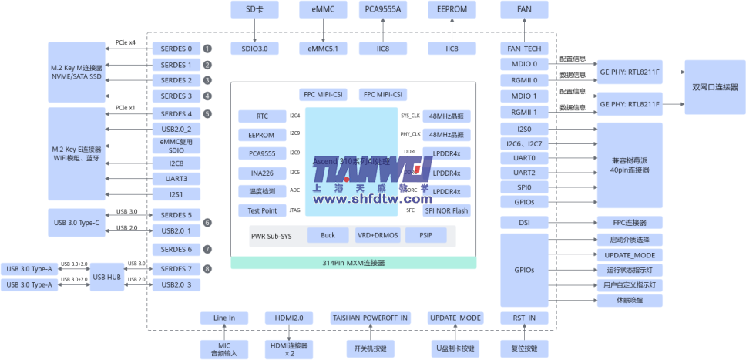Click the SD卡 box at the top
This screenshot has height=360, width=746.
[255, 9]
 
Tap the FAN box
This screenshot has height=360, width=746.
[524, 9]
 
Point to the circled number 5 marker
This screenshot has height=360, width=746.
[207, 114]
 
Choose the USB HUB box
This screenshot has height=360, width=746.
[106, 277]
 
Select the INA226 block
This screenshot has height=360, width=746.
[262, 173]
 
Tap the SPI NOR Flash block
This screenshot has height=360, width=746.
[446, 210]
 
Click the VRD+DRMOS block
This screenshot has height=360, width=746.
[377, 235]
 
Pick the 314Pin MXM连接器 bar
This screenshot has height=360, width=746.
[354, 263]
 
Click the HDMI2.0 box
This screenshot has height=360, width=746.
[288, 318]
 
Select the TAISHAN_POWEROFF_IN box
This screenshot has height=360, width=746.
[370, 318]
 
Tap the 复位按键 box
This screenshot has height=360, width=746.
[524, 348]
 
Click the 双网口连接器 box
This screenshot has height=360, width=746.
[715, 86]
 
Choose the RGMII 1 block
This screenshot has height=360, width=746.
[524, 112]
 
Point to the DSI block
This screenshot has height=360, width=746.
[524, 223]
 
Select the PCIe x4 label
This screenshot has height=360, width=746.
[126, 42]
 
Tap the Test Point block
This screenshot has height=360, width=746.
[262, 210]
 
